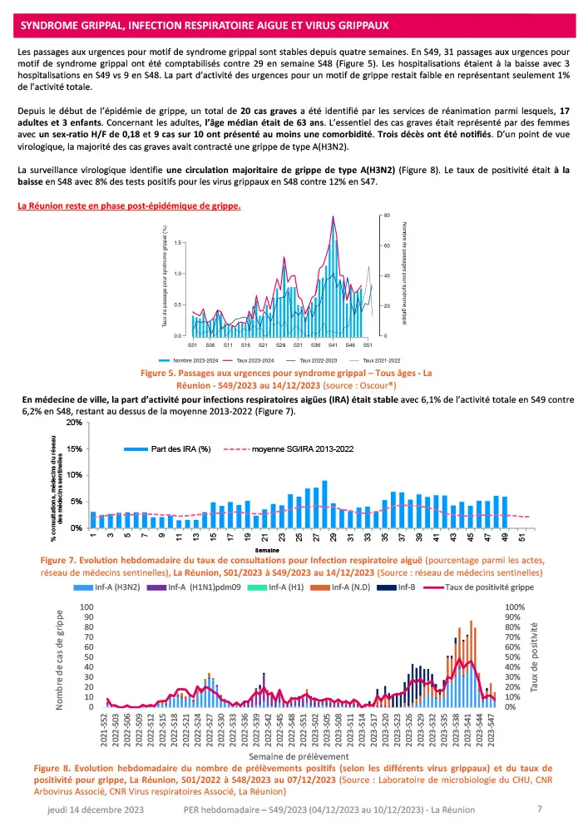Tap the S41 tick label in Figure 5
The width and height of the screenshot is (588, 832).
coord(333,344)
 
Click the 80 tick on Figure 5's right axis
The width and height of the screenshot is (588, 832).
coord(388,215)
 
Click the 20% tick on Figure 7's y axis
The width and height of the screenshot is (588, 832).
coord(75,423)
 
